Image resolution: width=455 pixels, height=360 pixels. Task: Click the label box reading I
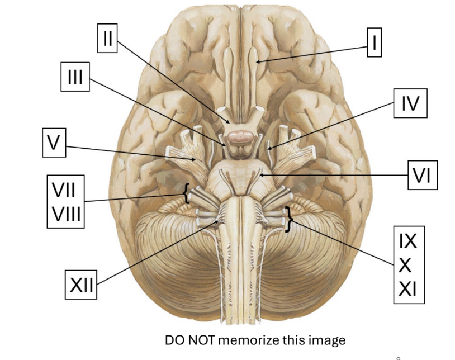tap(374, 42)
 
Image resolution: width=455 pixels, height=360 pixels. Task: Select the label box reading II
tap(107, 38)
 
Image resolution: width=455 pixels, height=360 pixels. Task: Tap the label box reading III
tap(74, 77)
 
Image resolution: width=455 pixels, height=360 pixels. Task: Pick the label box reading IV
tap(410, 103)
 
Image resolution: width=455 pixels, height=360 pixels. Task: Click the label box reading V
tap(53, 143)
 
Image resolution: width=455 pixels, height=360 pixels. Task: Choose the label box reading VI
tap(421, 175)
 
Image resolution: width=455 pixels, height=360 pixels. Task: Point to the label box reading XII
tap(82, 285)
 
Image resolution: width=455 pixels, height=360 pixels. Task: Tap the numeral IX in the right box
tap(408, 241)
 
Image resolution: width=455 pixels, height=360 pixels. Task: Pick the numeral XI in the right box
tap(408, 289)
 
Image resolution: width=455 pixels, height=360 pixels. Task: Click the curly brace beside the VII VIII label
tap(185, 194)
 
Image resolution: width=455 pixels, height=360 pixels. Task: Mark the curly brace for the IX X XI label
tap(288, 219)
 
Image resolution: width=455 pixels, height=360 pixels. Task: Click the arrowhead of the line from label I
tap(259, 60)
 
